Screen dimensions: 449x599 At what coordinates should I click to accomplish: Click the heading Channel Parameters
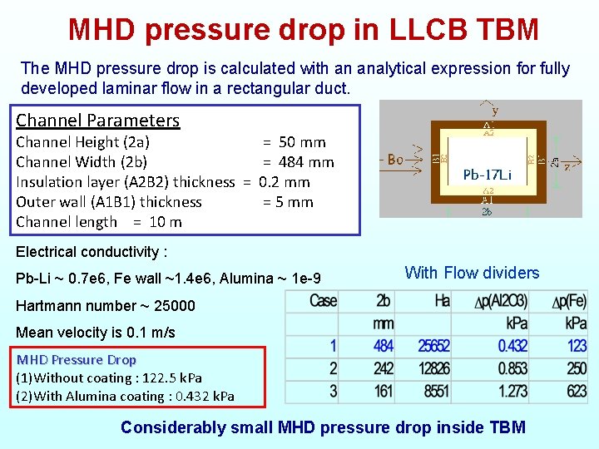[97, 121]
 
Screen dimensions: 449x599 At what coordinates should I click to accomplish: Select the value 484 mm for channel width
[306, 162]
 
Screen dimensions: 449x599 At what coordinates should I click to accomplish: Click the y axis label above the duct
[495, 110]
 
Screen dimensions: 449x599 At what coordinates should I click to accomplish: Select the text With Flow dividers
[472, 273]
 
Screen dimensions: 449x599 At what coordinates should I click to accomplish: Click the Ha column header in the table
[442, 300]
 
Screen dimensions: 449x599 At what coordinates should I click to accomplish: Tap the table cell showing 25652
[433, 346]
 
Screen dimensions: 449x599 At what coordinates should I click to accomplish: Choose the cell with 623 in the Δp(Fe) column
[576, 391]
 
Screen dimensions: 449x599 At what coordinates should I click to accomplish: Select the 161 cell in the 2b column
[384, 391]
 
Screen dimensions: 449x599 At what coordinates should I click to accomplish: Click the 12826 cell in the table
[433, 368]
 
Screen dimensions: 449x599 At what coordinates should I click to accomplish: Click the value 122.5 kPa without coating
[172, 378]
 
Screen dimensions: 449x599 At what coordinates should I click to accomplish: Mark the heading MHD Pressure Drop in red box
[77, 360]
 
